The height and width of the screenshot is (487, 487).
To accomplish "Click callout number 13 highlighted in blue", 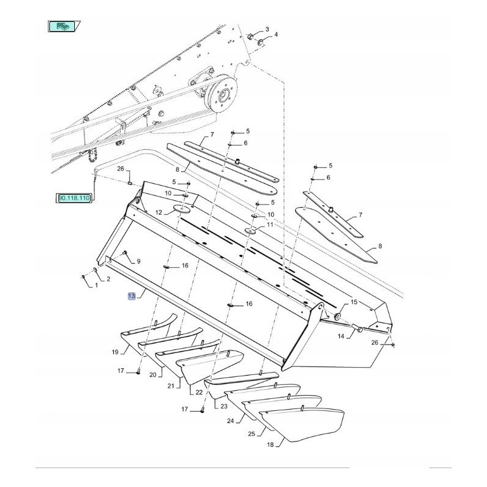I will [x=131, y=296].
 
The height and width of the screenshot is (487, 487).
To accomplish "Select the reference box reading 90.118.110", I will [x=74, y=198].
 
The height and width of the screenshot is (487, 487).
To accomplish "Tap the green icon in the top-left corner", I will [x=63, y=26].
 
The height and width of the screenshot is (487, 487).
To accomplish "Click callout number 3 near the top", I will [x=266, y=30].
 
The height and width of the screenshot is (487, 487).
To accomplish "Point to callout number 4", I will [x=276, y=35].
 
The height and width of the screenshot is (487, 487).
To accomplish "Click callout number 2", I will [x=108, y=279].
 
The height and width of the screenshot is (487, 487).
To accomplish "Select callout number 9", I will [x=138, y=261].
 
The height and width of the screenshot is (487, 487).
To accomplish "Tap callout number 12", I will [x=158, y=213].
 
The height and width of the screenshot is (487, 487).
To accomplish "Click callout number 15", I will [x=354, y=303].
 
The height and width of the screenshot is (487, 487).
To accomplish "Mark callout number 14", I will [x=342, y=335].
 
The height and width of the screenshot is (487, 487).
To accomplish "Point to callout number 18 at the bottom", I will [x=270, y=445].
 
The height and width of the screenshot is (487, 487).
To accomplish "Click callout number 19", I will [x=114, y=352].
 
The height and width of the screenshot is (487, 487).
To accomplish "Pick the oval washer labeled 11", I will [x=251, y=231].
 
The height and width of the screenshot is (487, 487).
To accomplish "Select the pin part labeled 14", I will [x=359, y=329].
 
